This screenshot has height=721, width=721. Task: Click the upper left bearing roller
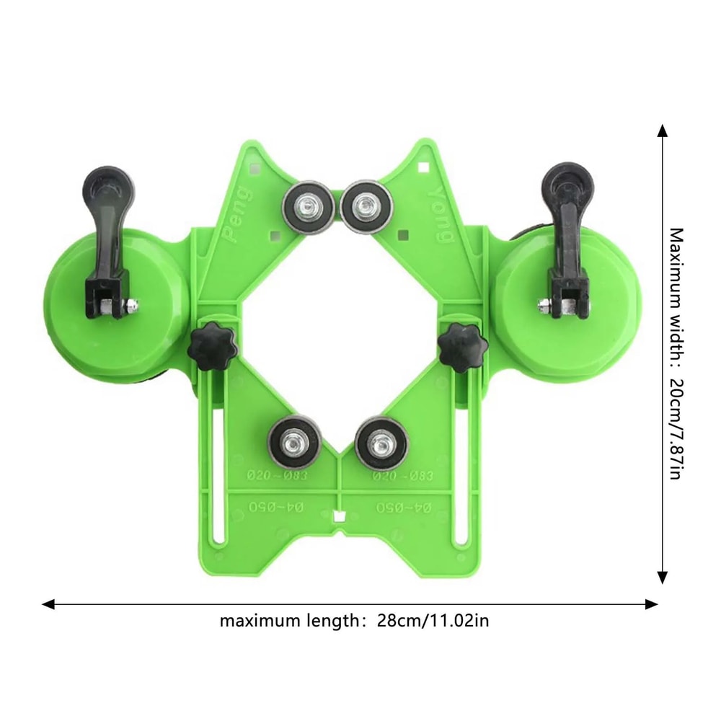coord(306,206)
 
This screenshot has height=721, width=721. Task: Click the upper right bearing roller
coord(366,206)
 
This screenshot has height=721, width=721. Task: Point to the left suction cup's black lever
coord(107,231)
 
